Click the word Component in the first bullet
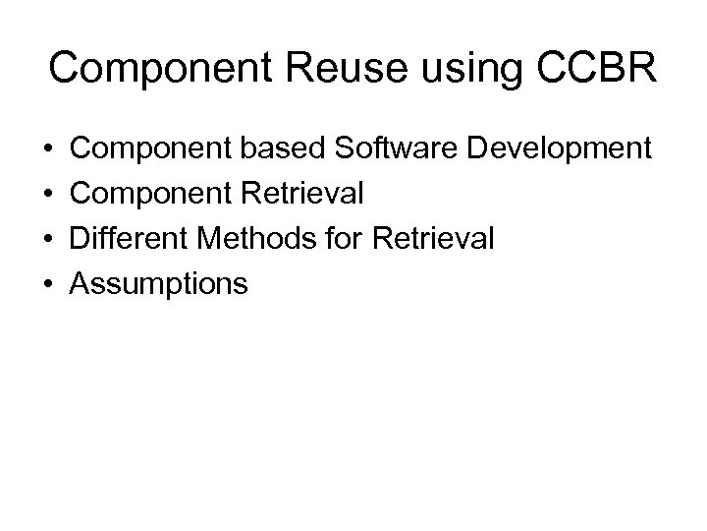click(150, 149)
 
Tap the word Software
click(397, 148)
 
